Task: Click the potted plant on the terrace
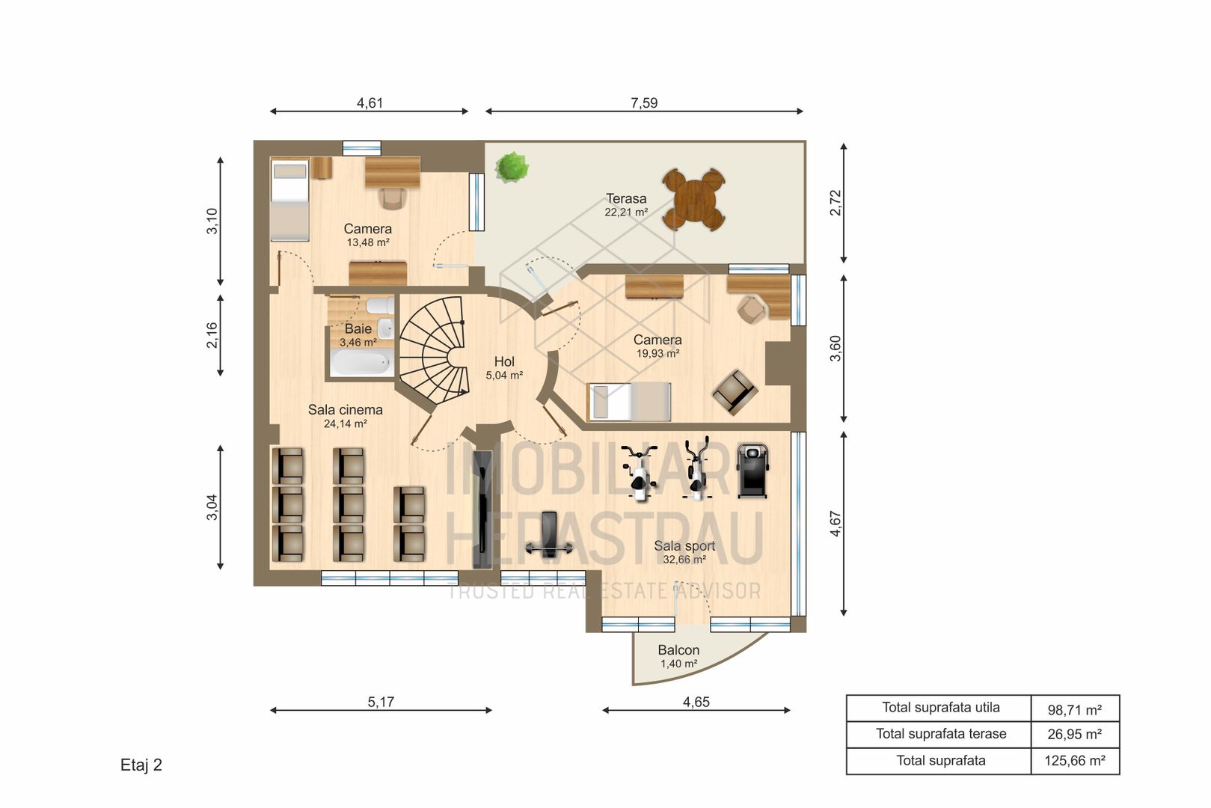click(512, 167)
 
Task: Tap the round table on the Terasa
click(693, 199)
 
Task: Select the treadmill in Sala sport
click(752, 471)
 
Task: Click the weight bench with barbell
click(548, 536)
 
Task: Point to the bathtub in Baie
click(361, 364)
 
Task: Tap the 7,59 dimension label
click(643, 102)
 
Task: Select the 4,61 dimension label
click(370, 102)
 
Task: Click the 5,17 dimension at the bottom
click(381, 702)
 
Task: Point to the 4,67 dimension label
click(836, 524)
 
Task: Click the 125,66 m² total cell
click(1075, 761)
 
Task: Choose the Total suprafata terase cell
click(940, 734)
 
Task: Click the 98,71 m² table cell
click(1075, 708)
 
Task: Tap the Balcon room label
click(678, 650)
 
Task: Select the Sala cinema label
click(345, 410)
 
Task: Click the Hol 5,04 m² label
click(504, 368)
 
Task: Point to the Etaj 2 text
click(141, 765)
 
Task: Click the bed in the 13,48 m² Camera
click(289, 199)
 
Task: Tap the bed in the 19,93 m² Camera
click(629, 402)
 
